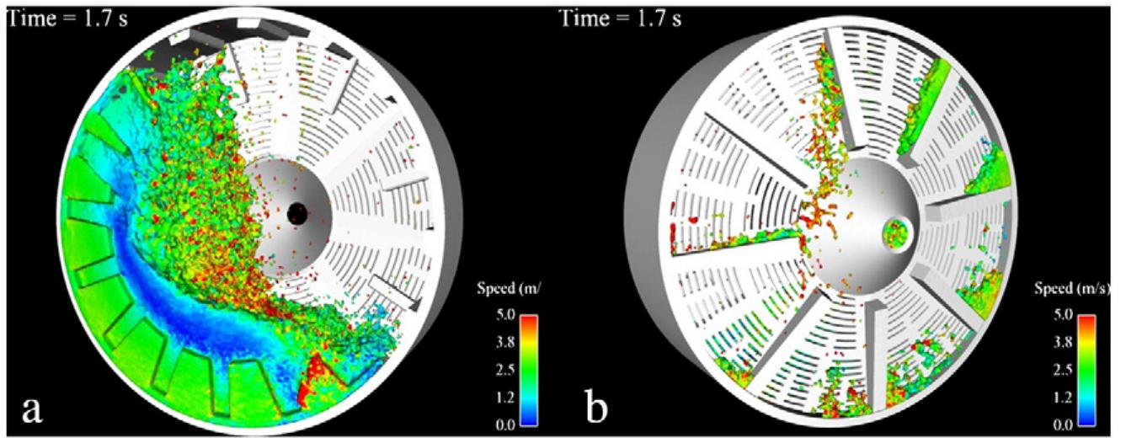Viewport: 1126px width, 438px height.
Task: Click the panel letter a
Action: click(x=32, y=409)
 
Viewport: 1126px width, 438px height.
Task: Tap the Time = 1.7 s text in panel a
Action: click(x=68, y=19)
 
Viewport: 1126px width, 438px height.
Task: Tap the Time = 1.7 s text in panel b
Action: click(x=621, y=19)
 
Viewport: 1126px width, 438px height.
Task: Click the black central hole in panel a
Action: click(x=297, y=214)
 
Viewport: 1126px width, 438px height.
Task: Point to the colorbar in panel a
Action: click(x=529, y=370)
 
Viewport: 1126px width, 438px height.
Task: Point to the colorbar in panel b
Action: click(x=1086, y=370)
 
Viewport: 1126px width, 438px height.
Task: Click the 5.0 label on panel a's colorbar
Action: click(x=505, y=315)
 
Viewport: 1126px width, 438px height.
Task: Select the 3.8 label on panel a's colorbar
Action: click(x=505, y=343)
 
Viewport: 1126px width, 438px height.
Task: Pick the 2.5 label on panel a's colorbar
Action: click(x=505, y=370)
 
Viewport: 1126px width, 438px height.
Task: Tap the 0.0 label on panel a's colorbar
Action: click(x=505, y=425)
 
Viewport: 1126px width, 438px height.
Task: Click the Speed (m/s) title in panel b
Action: click(x=1072, y=289)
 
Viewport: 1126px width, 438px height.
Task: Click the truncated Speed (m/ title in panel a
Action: click(x=509, y=289)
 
